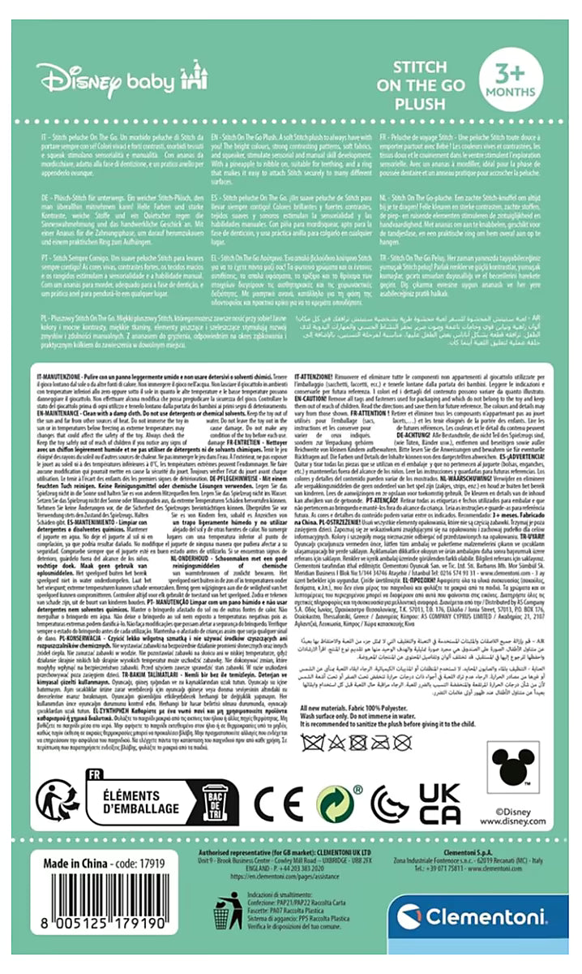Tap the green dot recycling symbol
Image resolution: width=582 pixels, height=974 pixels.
335,804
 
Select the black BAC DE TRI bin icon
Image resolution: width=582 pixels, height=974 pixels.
216,804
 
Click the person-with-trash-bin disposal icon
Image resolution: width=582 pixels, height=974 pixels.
227,912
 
